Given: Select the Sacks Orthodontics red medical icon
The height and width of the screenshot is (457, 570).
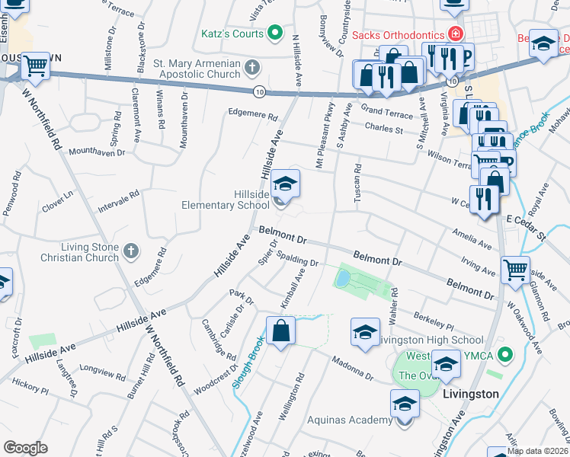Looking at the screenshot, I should tap(455, 34).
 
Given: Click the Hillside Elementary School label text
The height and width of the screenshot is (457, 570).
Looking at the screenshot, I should tap(226, 200).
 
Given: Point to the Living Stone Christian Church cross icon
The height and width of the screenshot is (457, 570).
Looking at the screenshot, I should tap(130, 250).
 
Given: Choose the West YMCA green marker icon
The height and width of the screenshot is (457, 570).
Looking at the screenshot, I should tap(503, 354).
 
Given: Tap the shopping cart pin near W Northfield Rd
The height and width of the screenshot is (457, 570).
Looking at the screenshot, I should tap(35, 66).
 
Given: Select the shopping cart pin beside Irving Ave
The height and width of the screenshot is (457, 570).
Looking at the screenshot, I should tap(515, 269).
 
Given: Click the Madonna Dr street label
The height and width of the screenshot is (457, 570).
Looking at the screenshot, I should tap(352, 368).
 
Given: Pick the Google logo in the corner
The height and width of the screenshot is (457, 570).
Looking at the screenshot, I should tap(25, 448).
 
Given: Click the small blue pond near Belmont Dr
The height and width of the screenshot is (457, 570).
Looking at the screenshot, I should tap(344, 277).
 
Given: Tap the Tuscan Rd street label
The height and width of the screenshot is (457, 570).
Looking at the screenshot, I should tap(356, 181).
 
